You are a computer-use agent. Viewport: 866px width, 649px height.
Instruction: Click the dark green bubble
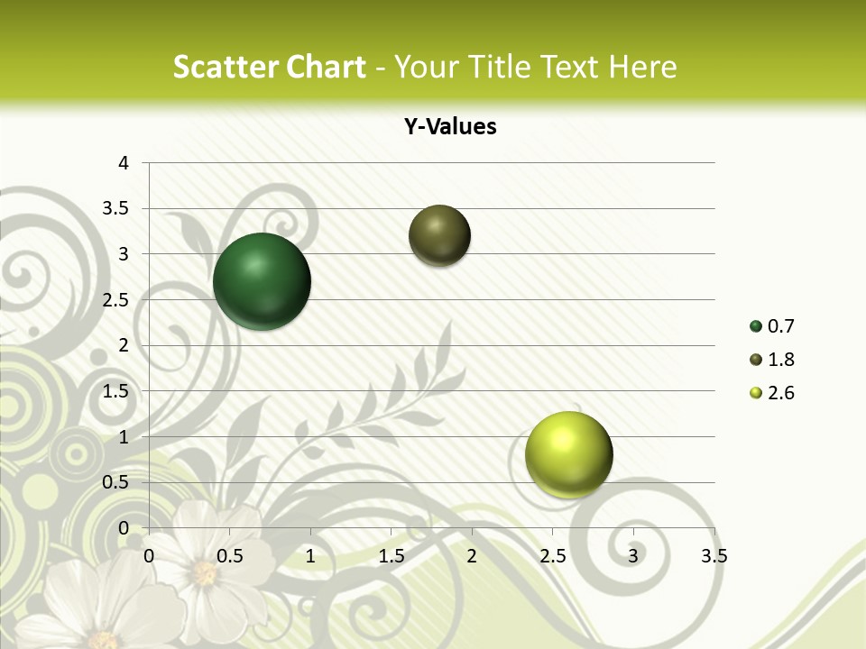[x=262, y=281]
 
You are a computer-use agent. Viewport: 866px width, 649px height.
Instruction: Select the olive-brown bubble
[x=439, y=235]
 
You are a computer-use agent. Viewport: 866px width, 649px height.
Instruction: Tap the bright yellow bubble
[x=568, y=454]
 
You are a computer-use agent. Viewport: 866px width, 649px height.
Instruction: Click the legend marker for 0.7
[x=756, y=326]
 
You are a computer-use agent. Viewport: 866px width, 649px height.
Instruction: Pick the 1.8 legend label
[x=780, y=360]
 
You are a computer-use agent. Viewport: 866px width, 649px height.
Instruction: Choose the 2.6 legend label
[x=780, y=393]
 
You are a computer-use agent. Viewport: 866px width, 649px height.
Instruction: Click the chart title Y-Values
[x=450, y=126]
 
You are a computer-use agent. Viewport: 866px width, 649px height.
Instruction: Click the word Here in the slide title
[x=643, y=67]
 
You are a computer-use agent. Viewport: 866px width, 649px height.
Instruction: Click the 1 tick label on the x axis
[x=310, y=556]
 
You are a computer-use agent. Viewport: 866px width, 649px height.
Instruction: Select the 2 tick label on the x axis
[x=472, y=556]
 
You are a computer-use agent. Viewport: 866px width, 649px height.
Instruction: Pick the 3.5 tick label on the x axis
[x=714, y=556]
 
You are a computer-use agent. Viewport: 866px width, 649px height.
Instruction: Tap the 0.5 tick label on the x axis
[x=230, y=556]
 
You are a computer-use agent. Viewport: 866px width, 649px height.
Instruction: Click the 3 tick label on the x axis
[x=633, y=556]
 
